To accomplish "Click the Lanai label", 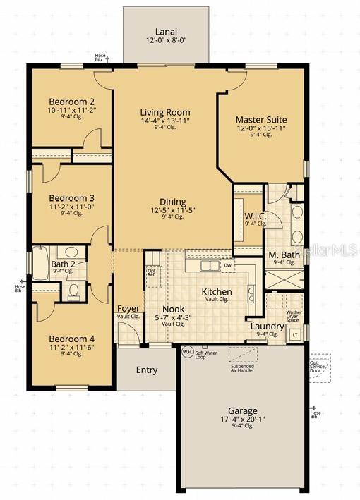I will coord(166,31).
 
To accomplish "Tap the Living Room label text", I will coord(165,112).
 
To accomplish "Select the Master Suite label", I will coord(261,120).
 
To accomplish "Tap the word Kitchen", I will coord(217,291).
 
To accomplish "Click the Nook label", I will coord(173,309).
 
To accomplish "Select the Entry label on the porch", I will coord(146,370).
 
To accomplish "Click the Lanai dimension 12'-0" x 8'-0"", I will coord(166,41).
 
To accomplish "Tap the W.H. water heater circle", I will coord(187,351).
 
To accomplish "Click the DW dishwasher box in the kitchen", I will coord(227,265).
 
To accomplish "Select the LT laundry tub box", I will coord(295,334).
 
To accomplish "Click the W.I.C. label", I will coord(255,217).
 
